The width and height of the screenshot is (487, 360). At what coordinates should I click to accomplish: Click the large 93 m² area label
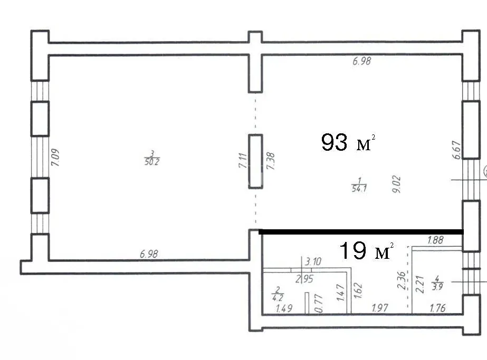348,142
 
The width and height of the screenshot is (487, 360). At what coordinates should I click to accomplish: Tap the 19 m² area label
367,250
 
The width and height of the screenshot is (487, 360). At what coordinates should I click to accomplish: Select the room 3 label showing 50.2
152,158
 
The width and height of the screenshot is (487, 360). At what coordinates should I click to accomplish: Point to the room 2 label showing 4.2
278,294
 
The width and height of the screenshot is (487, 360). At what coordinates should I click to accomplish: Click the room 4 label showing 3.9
437,283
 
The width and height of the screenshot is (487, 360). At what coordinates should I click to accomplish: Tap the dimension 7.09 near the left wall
55,158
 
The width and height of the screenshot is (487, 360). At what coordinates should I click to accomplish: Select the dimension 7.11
243,160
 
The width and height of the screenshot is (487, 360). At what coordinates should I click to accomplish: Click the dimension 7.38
271,161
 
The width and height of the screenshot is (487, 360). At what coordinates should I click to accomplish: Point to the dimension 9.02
397,184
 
